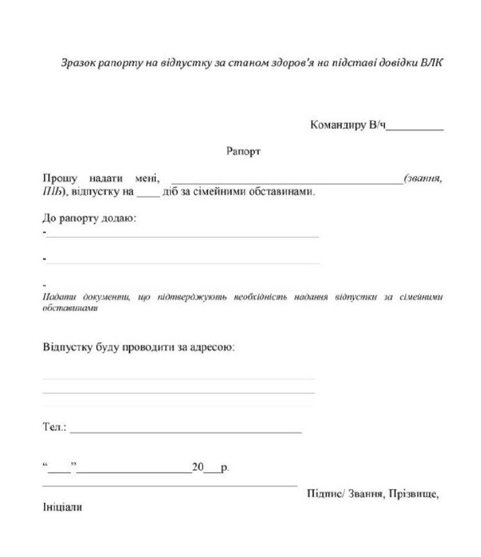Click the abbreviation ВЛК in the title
(x=432, y=62)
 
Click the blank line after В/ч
(x=415, y=127)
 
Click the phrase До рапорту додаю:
(x=89, y=219)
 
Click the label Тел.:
(x=54, y=426)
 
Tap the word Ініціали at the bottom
(x=62, y=508)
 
